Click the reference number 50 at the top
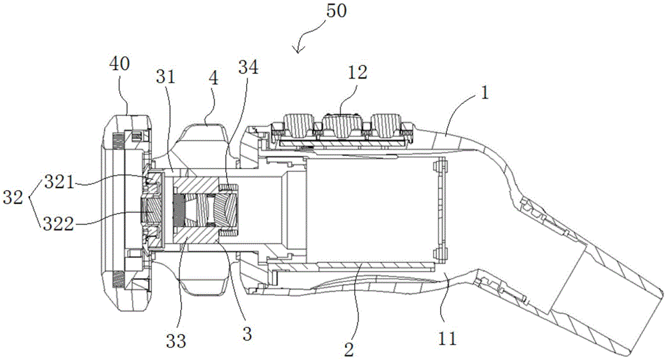pyautogui.click(x=336, y=11)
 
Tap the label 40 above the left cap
pyautogui.click(x=119, y=65)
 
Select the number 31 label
pyautogui.click(x=166, y=77)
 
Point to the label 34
pyautogui.click(x=248, y=67)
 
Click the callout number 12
pyautogui.click(x=358, y=73)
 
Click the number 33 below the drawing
pyautogui.click(x=175, y=341)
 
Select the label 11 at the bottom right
pyautogui.click(x=448, y=339)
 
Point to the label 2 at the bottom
pyautogui.click(x=349, y=349)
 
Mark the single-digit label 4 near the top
pyautogui.click(x=213, y=78)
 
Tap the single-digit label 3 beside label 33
pyautogui.click(x=247, y=333)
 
